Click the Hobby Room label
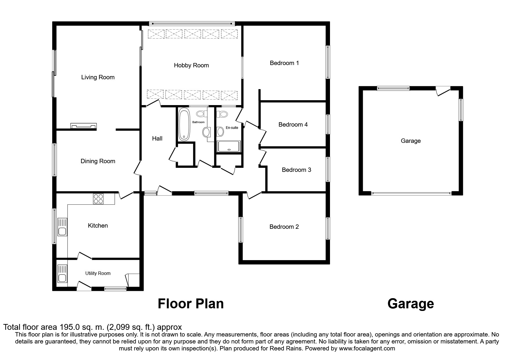pyautogui.click(x=191, y=65)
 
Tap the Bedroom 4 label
pyautogui.click(x=293, y=125)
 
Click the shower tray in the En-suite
pyautogui.click(x=229, y=147)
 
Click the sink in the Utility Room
pyautogui.click(x=62, y=273)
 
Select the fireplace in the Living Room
pyautogui.click(x=84, y=126)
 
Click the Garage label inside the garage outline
pyautogui.click(x=411, y=141)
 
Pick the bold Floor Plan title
pyautogui.click(x=191, y=304)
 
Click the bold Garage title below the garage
pyautogui.click(x=411, y=304)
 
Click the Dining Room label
pyautogui.click(x=98, y=161)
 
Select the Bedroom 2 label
pyautogui.click(x=284, y=227)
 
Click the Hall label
pyautogui.click(x=157, y=138)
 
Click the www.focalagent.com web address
pyautogui.click(x=367, y=348)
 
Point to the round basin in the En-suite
pyautogui.click(x=221, y=132)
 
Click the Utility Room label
pyautogui.click(x=98, y=273)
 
